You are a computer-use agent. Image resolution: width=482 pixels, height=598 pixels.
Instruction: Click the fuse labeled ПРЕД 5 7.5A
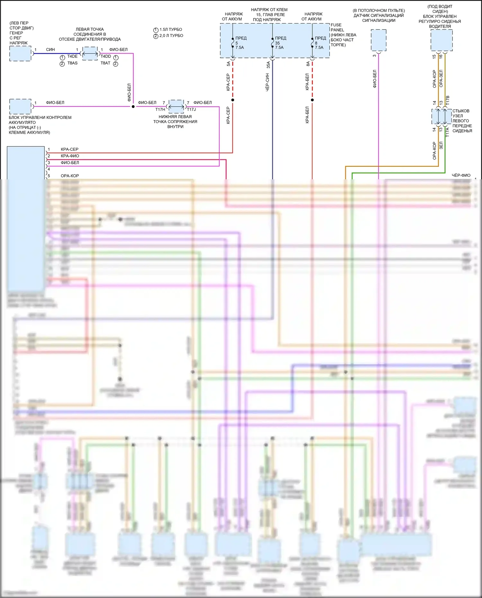[233, 43]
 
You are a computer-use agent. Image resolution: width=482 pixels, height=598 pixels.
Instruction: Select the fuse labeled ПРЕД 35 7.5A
[272, 43]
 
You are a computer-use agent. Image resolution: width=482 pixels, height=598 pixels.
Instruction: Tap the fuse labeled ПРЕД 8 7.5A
[312, 43]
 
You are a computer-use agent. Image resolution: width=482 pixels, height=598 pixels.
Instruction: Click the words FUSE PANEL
[337, 27]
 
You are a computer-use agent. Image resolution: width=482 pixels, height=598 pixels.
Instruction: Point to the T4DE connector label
[72, 57]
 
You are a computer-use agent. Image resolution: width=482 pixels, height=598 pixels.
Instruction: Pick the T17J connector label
[192, 110]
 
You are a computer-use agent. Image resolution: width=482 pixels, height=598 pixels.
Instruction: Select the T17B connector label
[448, 99]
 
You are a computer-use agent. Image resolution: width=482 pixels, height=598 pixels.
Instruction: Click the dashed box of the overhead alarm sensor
[379, 40]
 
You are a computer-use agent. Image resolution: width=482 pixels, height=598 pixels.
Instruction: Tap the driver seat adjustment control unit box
[442, 40]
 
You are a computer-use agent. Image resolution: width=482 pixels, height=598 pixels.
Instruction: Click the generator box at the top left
[20, 53]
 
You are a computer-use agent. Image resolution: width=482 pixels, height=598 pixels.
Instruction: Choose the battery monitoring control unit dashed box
[20, 106]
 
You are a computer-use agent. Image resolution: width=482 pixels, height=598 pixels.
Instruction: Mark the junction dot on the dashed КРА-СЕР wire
[233, 100]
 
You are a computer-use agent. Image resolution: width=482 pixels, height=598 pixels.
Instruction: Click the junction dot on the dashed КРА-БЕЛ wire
[312, 100]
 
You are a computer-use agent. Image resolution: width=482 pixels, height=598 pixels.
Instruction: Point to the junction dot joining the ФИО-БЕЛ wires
[133, 106]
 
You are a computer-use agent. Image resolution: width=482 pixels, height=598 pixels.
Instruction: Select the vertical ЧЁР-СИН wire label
[268, 82]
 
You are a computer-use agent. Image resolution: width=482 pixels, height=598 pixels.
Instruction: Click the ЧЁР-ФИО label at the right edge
[461, 175]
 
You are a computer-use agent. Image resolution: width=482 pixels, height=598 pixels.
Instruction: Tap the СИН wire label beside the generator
[50, 50]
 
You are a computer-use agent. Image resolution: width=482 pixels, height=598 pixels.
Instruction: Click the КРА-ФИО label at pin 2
[70, 156]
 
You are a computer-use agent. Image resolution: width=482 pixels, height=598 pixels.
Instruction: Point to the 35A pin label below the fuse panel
[268, 65]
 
